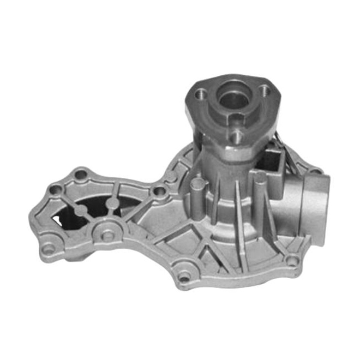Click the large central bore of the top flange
click(232, 99)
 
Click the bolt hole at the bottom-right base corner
click(292, 261)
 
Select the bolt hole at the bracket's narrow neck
click(159, 191)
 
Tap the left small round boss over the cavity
click(80, 209)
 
